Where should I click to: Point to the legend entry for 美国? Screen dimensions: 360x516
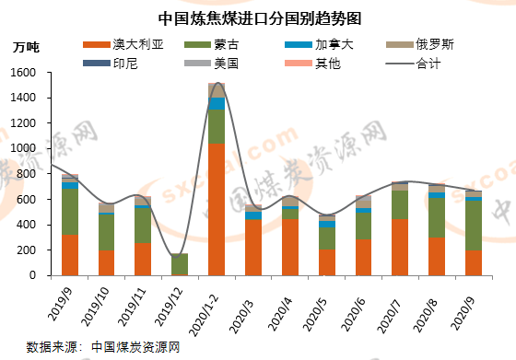pos(226,64)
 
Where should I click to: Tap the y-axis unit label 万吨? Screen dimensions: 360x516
pos(26,47)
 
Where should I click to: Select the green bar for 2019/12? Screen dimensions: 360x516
pos(179,263)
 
